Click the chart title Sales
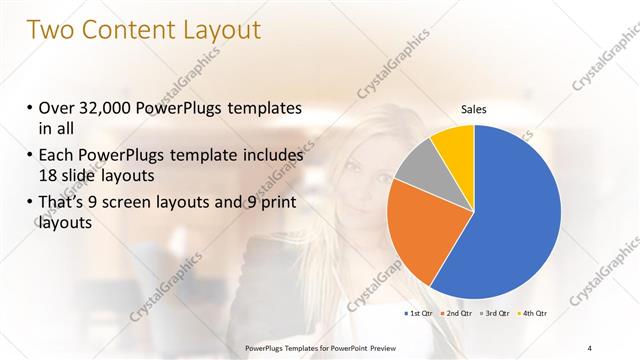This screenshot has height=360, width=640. pos(474,109)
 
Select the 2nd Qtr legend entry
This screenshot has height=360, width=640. pos(459,313)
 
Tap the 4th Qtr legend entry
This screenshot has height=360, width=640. pos(532,313)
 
